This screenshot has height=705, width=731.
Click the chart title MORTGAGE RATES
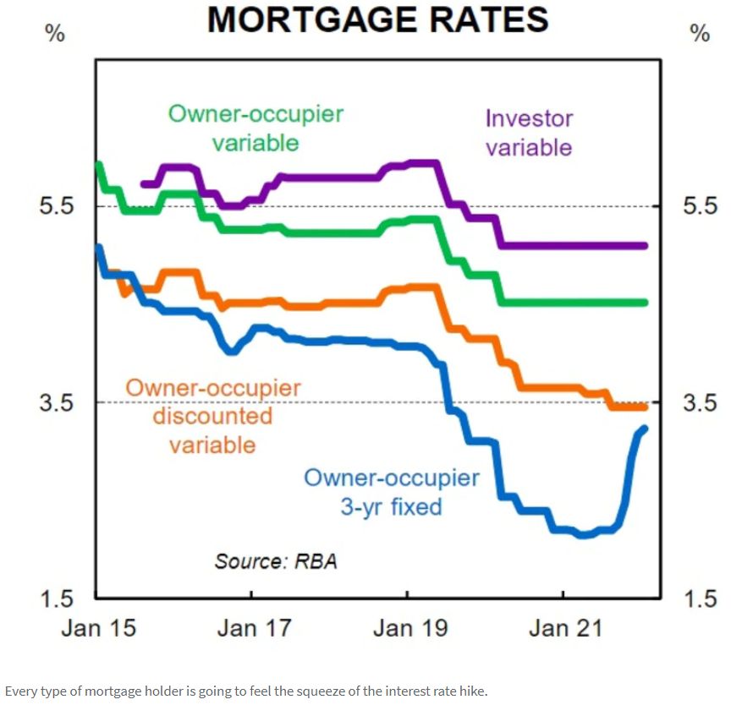[x=378, y=19]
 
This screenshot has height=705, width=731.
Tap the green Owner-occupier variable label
[x=256, y=128]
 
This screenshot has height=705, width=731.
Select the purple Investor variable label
[x=529, y=133]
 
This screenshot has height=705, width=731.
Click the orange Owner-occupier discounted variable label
[x=213, y=416]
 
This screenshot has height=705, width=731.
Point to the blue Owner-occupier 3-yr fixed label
[x=391, y=492]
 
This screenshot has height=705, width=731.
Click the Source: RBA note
[x=276, y=561]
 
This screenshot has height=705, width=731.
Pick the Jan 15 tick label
[x=100, y=629]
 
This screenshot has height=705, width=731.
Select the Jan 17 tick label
[x=254, y=629]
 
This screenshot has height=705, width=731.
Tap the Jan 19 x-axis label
[x=410, y=629]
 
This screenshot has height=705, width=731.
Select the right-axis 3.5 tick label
[x=698, y=402]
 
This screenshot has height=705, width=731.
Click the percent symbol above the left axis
[x=53, y=36]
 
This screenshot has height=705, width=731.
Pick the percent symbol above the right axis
[x=700, y=36]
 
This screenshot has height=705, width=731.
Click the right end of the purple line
[x=645, y=246]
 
